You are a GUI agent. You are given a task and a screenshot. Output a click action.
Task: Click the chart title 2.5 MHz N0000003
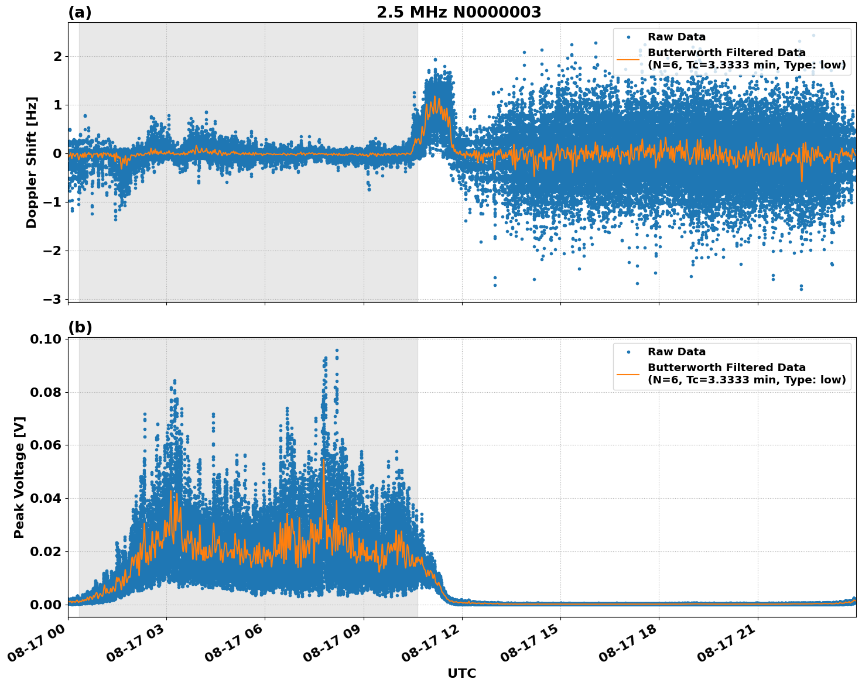click(x=459, y=12)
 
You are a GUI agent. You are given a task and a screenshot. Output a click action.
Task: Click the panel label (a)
click(x=80, y=12)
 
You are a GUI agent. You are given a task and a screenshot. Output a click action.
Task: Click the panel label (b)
click(x=80, y=327)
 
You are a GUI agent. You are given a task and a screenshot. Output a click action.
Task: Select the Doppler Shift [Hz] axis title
click(x=32, y=162)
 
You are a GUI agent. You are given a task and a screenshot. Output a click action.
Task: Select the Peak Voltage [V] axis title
click(x=19, y=477)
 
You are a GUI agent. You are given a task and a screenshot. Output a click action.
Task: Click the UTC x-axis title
click(x=461, y=673)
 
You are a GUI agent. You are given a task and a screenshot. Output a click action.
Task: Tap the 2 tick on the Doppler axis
click(x=57, y=57)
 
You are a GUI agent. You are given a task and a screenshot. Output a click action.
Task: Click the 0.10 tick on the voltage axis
click(x=47, y=339)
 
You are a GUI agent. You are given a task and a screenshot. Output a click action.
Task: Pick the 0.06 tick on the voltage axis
click(x=47, y=445)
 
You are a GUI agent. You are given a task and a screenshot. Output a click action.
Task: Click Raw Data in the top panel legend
click(x=676, y=37)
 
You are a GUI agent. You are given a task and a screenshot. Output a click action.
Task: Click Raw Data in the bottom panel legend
click(x=676, y=352)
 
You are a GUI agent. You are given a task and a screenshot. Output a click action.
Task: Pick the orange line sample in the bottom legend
click(x=628, y=373)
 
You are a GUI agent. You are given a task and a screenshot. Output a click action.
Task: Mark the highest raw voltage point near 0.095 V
click(x=337, y=351)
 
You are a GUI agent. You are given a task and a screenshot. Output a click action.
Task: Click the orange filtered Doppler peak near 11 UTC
click(x=435, y=98)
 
